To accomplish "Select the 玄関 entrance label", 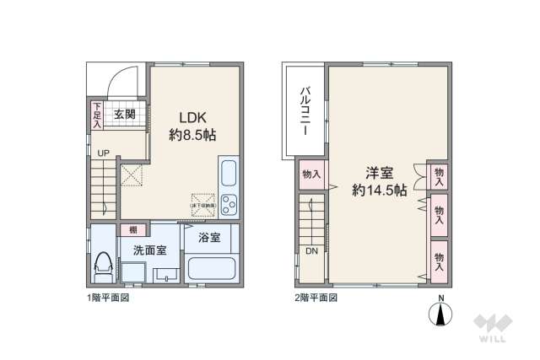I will pyautogui.click(x=125, y=114).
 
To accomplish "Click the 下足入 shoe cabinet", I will pyautogui.click(x=97, y=116).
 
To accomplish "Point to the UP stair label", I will pyautogui.click(x=101, y=153).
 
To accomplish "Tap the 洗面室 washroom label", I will pyautogui.click(x=148, y=250).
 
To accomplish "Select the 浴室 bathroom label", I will pyautogui.click(x=210, y=238).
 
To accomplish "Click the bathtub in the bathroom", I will pyautogui.click(x=212, y=270).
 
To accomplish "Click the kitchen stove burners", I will pyautogui.click(x=229, y=207).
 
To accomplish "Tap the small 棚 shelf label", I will pyautogui.click(x=131, y=229).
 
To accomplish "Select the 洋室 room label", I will pyautogui.click(x=380, y=173).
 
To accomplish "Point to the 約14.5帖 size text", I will pyautogui.click(x=380, y=191).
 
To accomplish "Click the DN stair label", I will pyautogui.click(x=311, y=251).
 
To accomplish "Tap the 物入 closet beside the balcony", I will pyautogui.click(x=311, y=175).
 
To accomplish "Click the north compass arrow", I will pyautogui.click(x=440, y=314).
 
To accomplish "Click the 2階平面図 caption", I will pyautogui.click(x=317, y=298).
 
